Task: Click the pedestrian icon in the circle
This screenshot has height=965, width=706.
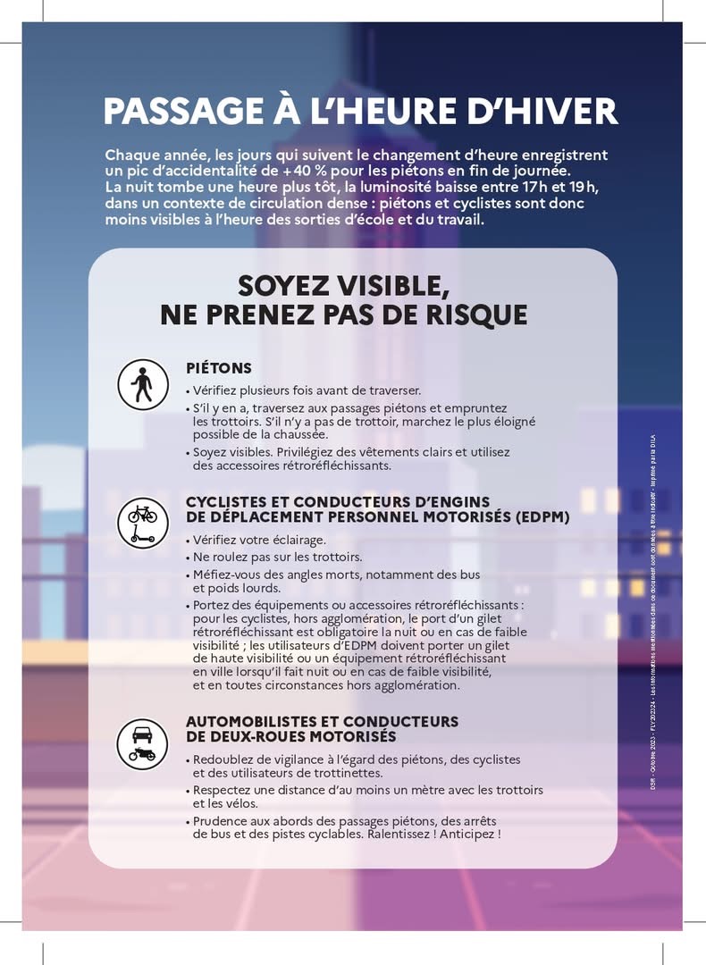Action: pos(142,385)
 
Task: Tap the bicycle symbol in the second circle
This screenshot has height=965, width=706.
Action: pos(142,514)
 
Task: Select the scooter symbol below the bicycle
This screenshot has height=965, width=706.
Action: pos(142,534)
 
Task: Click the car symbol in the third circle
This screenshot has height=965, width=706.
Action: pos(142,734)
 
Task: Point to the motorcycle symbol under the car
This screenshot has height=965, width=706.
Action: pos(142,755)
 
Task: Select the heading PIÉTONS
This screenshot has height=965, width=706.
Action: pos(219,368)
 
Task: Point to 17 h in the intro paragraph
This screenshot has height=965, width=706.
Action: pos(485,187)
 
